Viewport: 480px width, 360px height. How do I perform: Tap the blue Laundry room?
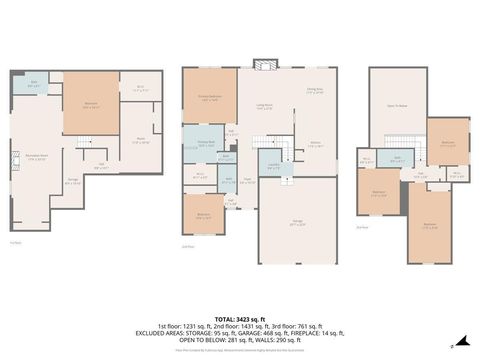273,168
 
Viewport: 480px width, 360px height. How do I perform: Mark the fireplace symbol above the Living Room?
265,67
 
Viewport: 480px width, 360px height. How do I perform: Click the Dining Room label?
313,90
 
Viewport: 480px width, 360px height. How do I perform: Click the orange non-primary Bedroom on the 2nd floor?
204,214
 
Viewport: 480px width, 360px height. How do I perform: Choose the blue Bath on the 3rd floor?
397,158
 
